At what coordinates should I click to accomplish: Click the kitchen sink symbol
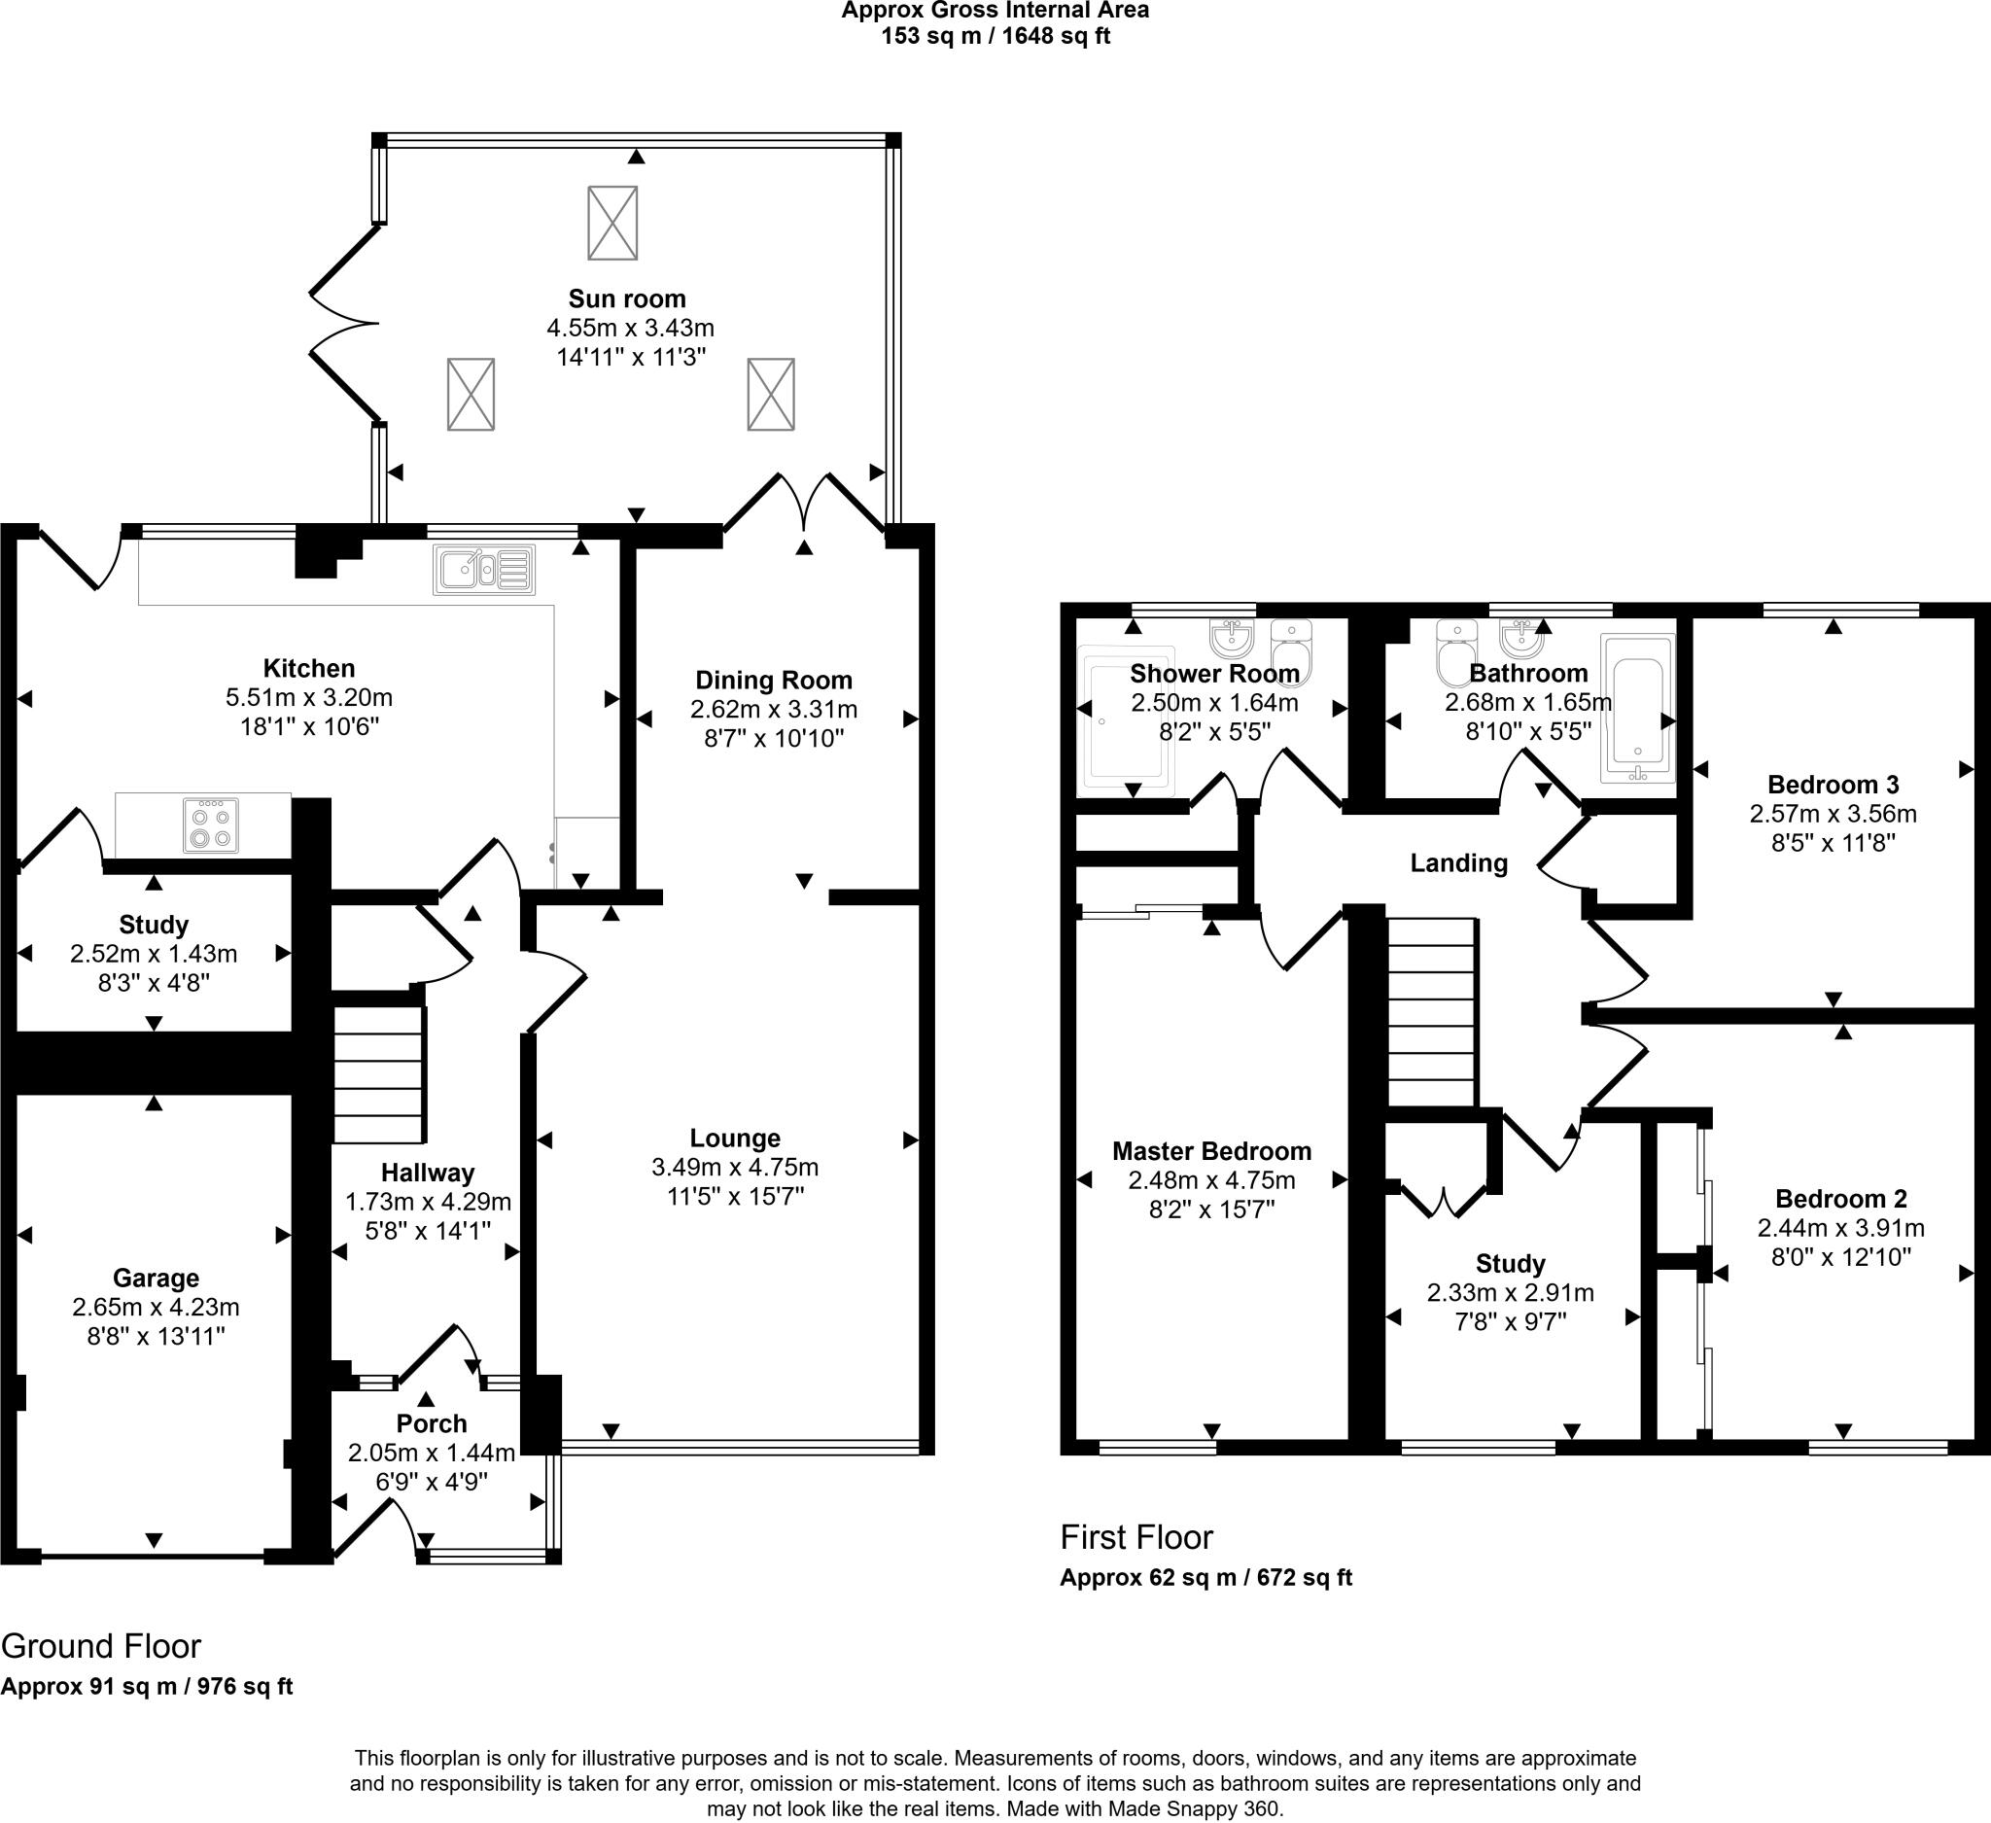click(x=484, y=570)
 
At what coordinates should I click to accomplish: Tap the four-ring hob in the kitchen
click(x=210, y=825)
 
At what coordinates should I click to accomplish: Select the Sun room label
click(x=626, y=298)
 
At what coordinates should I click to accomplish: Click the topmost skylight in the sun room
click(x=612, y=223)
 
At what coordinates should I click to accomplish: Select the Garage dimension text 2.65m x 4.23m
click(x=155, y=1308)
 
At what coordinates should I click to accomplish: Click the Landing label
click(x=1457, y=863)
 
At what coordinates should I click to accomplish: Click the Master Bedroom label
click(x=1210, y=1150)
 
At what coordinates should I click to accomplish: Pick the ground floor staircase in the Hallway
click(x=379, y=1073)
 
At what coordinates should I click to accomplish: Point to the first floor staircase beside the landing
click(x=1432, y=1012)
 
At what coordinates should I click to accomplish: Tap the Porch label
click(x=431, y=1423)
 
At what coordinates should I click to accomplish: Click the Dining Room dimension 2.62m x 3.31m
click(x=773, y=709)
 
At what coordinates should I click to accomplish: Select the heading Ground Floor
click(x=101, y=1646)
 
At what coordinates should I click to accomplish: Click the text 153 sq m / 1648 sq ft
click(x=995, y=37)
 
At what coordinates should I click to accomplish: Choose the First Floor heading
click(x=1135, y=1536)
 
